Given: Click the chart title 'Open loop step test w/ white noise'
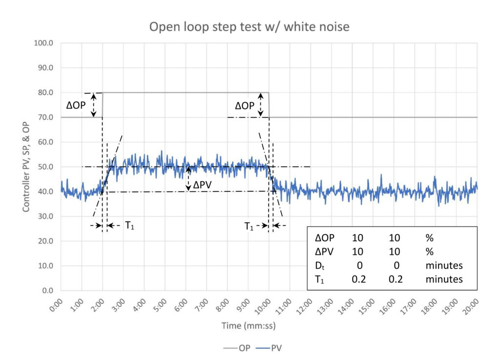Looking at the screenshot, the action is (249, 27).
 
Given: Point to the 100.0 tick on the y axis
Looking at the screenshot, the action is (43, 43).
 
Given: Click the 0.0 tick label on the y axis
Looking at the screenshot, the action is (47, 291).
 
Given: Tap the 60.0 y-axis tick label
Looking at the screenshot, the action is (45, 142).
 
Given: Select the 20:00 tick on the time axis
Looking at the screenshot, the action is (471, 306).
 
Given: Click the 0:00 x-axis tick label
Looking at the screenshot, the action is (57, 305).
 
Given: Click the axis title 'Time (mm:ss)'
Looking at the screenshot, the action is (249, 326).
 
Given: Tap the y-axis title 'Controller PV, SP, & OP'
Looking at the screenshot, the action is (26, 167).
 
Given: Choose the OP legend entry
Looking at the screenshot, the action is (237, 348).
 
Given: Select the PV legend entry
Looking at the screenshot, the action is (269, 348).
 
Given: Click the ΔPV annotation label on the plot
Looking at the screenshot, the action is (202, 185).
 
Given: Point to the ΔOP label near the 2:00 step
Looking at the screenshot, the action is (76, 105).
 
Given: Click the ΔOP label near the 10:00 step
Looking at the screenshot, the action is (245, 106).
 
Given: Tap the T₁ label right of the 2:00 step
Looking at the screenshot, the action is (129, 226).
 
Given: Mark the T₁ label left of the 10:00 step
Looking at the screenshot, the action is (249, 226).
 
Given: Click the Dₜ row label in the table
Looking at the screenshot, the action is (320, 266).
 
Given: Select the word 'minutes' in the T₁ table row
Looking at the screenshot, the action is (444, 279).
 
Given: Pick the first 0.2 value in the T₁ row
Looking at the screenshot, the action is (359, 279).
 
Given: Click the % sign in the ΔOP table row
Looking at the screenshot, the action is (430, 238).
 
